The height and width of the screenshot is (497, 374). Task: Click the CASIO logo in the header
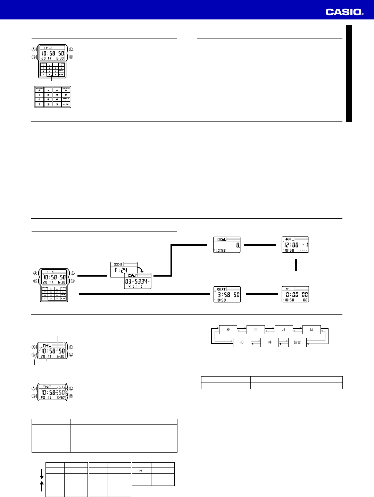tap(344, 12)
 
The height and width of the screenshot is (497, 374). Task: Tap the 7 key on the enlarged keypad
tap(39, 95)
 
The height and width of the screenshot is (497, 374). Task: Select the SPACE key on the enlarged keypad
tap(66, 99)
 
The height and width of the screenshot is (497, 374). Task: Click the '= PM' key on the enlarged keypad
tap(66, 104)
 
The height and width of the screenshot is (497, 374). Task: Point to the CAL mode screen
tap(227, 245)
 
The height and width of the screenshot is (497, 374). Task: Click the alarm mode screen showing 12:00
tap(295, 245)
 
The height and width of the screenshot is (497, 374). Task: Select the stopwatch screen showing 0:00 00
tap(295, 294)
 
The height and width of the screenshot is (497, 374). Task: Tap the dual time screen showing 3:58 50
tap(227, 294)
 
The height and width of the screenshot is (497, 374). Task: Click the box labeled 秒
tap(228, 329)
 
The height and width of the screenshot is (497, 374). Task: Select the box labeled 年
tap(256, 329)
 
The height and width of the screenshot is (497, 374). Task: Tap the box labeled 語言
tap(297, 342)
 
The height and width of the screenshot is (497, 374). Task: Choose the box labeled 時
tap(269, 342)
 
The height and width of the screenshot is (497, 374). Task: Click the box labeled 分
tap(242, 342)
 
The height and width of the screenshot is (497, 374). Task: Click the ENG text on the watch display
tap(47, 387)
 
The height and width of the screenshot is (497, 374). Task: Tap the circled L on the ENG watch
tap(71, 389)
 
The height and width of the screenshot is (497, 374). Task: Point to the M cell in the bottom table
tap(141, 471)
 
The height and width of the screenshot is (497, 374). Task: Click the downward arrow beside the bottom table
tap(42, 474)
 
